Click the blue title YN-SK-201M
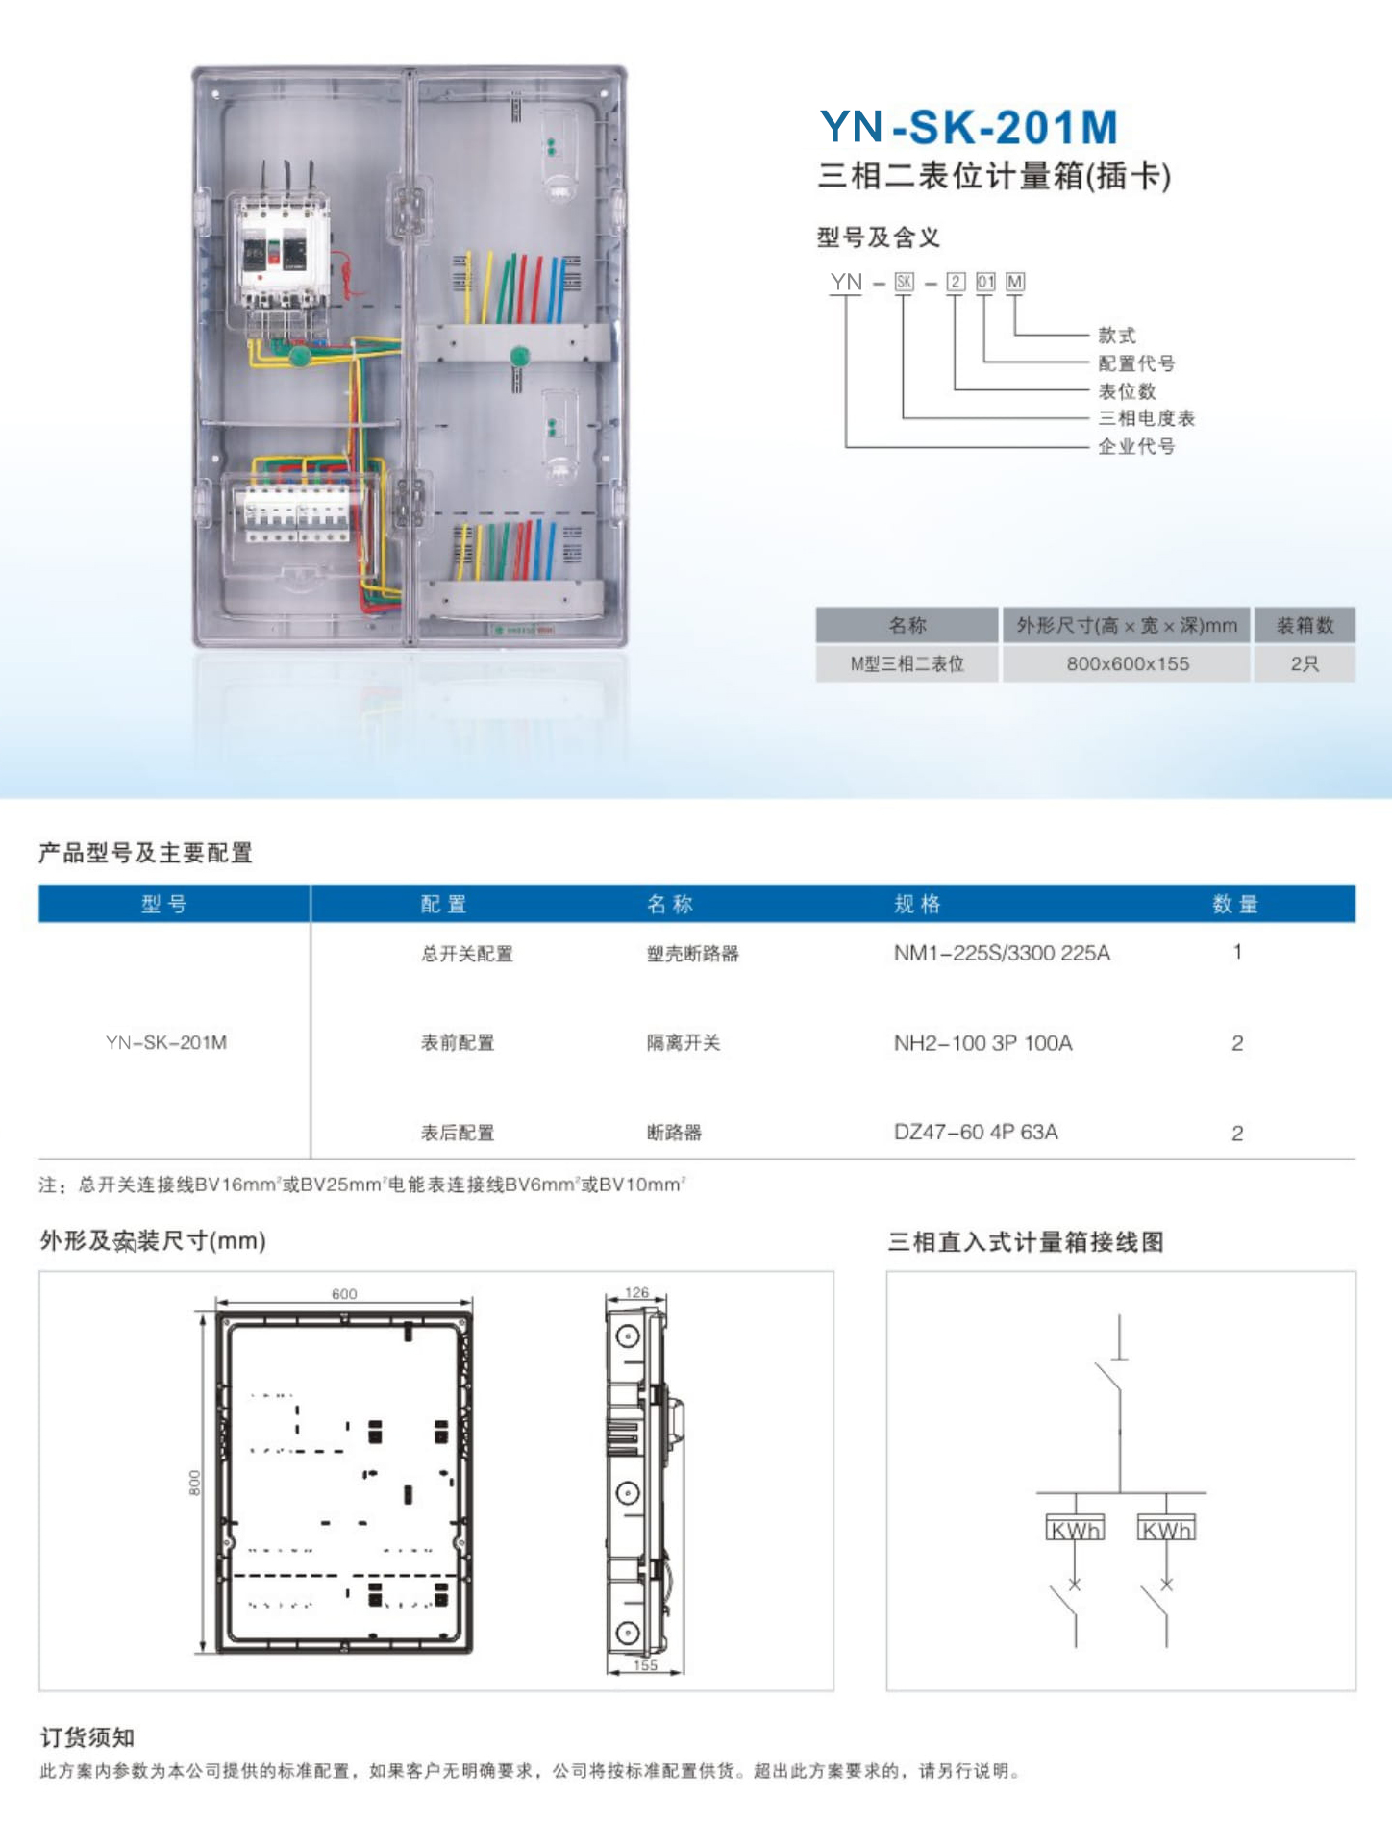[x=969, y=127]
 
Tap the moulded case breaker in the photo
[x=284, y=250]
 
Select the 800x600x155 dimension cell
[x=1128, y=663]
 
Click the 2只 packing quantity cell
[x=1304, y=663]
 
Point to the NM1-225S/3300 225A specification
[x=1002, y=953]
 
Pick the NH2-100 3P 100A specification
[x=982, y=1043]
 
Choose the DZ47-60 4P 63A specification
[x=976, y=1132]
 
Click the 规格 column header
[x=917, y=904]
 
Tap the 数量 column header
[x=1235, y=904]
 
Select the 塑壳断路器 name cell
[x=692, y=954]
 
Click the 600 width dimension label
[x=344, y=1294]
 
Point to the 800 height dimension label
[x=195, y=1482]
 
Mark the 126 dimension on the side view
[x=636, y=1292]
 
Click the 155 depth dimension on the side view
[x=645, y=1665]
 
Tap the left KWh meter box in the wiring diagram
[x=1075, y=1529]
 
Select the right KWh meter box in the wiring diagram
[x=1166, y=1529]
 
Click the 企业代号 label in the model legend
[x=1136, y=446]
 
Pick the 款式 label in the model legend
[x=1117, y=336]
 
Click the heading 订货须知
[x=87, y=1737]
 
